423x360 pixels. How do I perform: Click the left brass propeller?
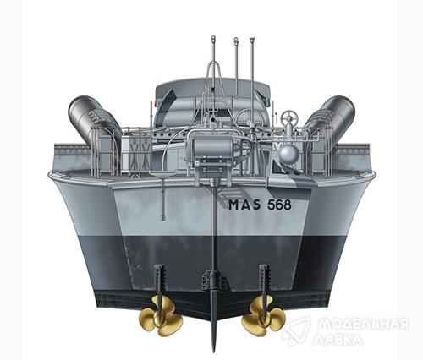coord(160,316)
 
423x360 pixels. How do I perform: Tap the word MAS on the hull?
coord(244,205)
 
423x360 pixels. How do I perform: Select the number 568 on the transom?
coord(279,205)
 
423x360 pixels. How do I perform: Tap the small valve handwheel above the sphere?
coord(290,116)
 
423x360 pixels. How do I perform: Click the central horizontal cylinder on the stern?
coord(212,149)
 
